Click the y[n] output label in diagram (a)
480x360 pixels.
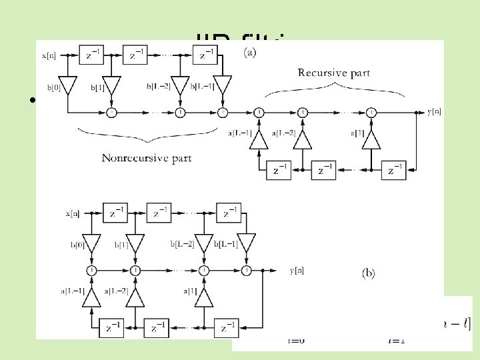pos(433,111)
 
